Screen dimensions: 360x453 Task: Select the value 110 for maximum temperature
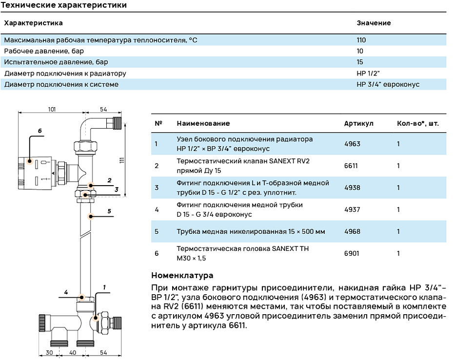click(x=361, y=40)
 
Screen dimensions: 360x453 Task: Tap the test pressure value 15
click(x=360, y=62)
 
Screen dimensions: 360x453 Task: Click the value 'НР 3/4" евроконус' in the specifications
click(x=388, y=84)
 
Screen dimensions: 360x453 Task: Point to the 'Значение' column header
click(x=374, y=23)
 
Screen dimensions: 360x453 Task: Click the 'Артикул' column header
click(x=358, y=124)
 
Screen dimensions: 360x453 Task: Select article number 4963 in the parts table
click(x=352, y=144)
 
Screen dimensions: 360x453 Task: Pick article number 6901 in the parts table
click(x=352, y=253)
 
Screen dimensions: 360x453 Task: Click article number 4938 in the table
click(x=352, y=188)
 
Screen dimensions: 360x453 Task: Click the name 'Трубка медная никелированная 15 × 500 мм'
click(x=251, y=231)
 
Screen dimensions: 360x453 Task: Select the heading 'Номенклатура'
click(x=182, y=276)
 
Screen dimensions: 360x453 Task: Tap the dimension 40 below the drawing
click(x=73, y=352)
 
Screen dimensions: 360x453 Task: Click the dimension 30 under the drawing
click(x=49, y=352)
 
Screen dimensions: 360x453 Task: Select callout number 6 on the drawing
click(x=40, y=131)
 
